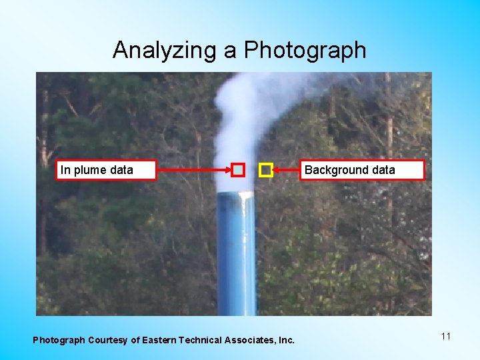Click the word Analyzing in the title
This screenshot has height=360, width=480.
click(x=163, y=50)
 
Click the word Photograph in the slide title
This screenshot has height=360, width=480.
click(x=305, y=50)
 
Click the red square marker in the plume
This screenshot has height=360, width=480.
click(x=238, y=171)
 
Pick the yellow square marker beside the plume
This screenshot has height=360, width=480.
click(x=265, y=171)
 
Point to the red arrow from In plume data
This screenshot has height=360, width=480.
click(x=193, y=171)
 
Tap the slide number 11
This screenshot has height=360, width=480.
click(x=446, y=336)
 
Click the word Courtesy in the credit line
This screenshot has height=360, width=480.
click(x=107, y=340)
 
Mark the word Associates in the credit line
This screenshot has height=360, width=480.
click(x=252, y=340)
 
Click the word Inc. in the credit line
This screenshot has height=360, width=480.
click(x=286, y=340)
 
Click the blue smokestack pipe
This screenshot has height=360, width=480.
click(x=236, y=260)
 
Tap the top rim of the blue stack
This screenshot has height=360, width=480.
click(x=236, y=194)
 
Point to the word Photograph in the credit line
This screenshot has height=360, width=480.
click(x=59, y=340)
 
